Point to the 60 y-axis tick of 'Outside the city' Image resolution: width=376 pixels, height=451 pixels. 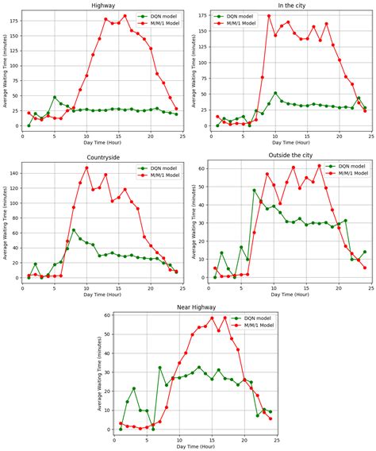click(204, 169)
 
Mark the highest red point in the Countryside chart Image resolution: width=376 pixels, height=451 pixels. click(86, 168)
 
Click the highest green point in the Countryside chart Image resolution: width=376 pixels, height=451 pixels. click(74, 230)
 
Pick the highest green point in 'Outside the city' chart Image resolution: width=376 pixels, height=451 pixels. click(255, 191)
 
